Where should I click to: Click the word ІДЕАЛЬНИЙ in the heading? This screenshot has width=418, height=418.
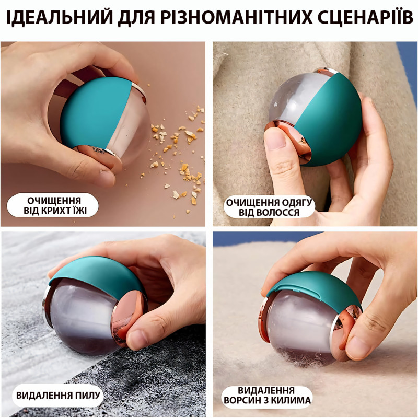tap(60, 17)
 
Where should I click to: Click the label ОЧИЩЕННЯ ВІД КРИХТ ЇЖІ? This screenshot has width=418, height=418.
tap(54, 205)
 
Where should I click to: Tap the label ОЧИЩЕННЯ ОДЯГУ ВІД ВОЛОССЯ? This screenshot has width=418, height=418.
tap(269, 207)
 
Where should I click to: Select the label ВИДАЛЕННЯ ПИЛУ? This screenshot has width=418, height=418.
tap(58, 395)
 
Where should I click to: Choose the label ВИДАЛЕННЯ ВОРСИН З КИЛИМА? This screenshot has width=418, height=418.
tap(267, 396)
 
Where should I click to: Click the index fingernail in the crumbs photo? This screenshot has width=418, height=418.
tap(107, 178)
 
